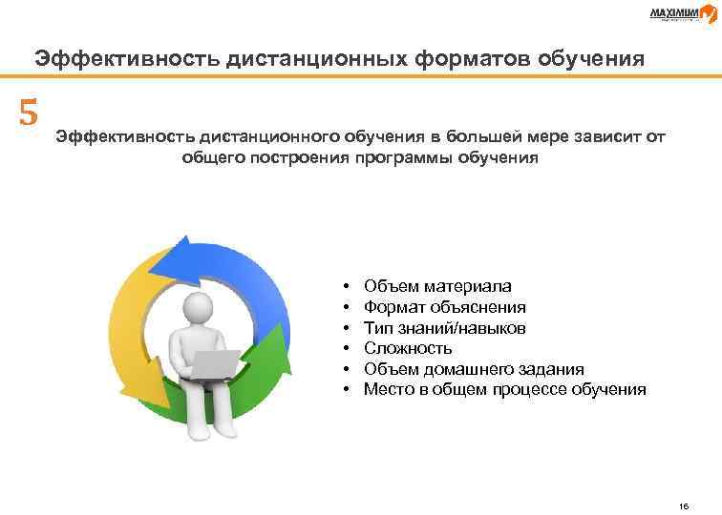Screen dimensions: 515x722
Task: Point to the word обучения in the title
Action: (x=590, y=58)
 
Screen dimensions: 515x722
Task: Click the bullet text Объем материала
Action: (x=437, y=286)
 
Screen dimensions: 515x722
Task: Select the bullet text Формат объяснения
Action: (x=444, y=307)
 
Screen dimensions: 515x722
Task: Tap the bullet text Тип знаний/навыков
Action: (x=444, y=328)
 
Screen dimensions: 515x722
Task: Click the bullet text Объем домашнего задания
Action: (x=474, y=369)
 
